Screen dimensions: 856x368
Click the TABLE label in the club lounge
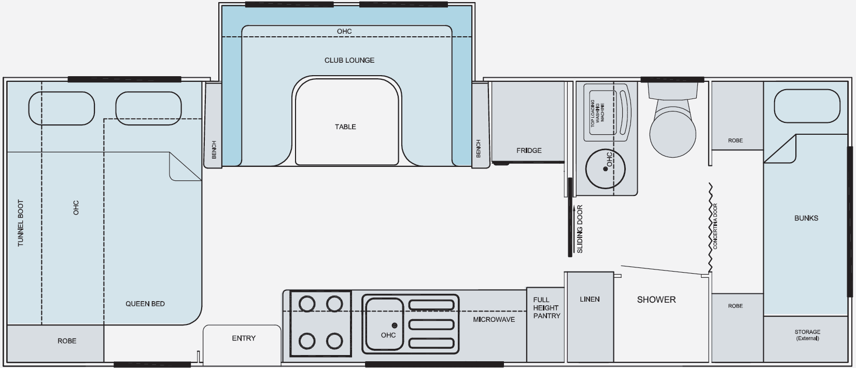(x=345, y=127)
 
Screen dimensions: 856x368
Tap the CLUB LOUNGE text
(x=349, y=60)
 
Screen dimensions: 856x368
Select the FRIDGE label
(x=529, y=150)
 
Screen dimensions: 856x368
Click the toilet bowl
(x=672, y=132)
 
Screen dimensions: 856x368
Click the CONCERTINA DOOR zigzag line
(x=710, y=228)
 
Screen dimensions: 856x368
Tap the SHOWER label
(x=656, y=300)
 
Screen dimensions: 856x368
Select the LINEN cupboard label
(x=590, y=299)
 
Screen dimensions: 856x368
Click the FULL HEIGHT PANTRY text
(x=546, y=308)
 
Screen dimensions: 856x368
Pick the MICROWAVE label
(x=494, y=319)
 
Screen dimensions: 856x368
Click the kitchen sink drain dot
(x=395, y=325)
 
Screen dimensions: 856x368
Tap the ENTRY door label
(x=244, y=338)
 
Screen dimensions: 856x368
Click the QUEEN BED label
(x=145, y=304)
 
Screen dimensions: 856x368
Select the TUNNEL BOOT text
(x=21, y=223)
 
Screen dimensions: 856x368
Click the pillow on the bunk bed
(x=807, y=106)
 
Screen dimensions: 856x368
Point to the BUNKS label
(x=806, y=218)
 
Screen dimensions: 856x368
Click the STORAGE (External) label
(x=807, y=335)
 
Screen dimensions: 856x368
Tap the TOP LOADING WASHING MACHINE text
(x=597, y=113)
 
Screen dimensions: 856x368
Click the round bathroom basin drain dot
(x=605, y=169)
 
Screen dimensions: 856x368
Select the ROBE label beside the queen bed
(x=67, y=341)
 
